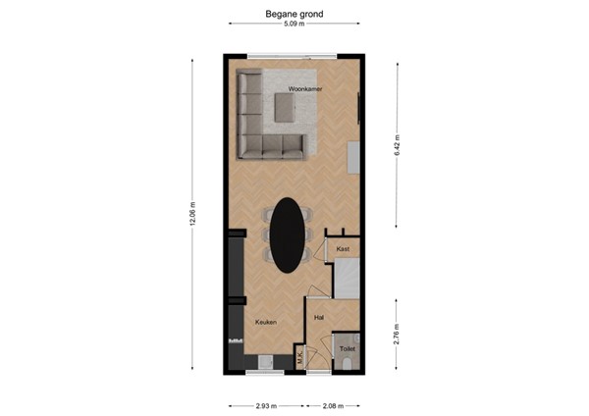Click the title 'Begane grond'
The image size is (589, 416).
pos(294,15)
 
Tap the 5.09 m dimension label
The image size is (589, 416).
pos(294,25)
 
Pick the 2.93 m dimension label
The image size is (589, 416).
pos(266,404)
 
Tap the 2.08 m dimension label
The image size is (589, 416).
pos(333,404)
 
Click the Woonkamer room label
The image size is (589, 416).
pos(306,90)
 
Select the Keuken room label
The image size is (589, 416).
pos(265,322)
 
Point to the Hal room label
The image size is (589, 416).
pos(319,318)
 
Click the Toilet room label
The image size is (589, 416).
pos(348,347)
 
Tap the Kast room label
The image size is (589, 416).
pos(343,249)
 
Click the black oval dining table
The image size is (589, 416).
pos(287,235)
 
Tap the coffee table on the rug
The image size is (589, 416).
pos(286,110)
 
